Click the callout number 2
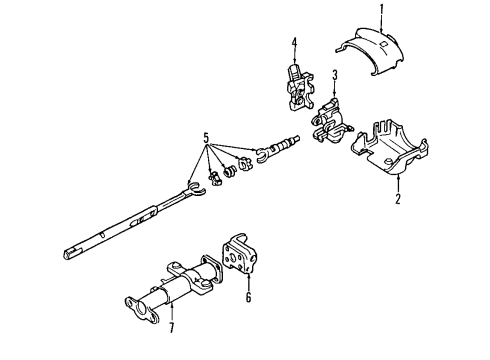click(x=397, y=199)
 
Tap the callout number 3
click(x=336, y=74)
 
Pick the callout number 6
click(x=249, y=298)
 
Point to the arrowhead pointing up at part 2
click(x=397, y=184)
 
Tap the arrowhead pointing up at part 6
click(x=249, y=283)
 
